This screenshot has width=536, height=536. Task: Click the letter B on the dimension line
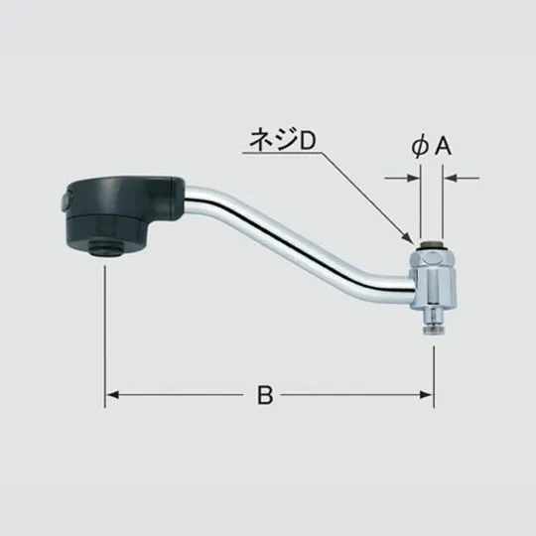click(x=264, y=395)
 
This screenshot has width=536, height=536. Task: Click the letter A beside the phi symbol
click(x=444, y=147)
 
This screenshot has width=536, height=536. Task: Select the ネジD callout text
click(x=280, y=142)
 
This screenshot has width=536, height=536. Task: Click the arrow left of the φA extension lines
click(x=413, y=179)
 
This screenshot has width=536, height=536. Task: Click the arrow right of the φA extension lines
click(x=450, y=179)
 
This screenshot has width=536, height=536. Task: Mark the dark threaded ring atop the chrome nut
click(x=432, y=243)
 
